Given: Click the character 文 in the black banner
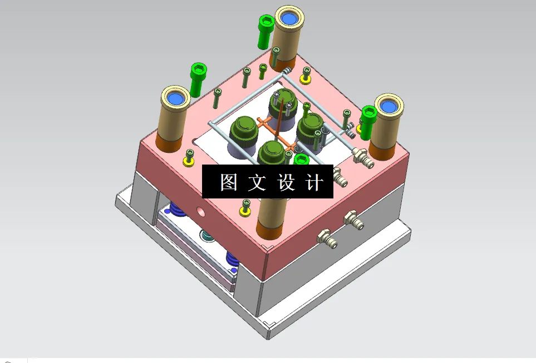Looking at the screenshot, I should pos(258,182).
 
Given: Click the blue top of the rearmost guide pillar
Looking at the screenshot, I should pos(288,20).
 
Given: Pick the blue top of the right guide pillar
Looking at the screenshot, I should pos(387,106).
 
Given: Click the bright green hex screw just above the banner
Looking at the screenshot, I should pos(302,160).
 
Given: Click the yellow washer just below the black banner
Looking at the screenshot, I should pos(244,210).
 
